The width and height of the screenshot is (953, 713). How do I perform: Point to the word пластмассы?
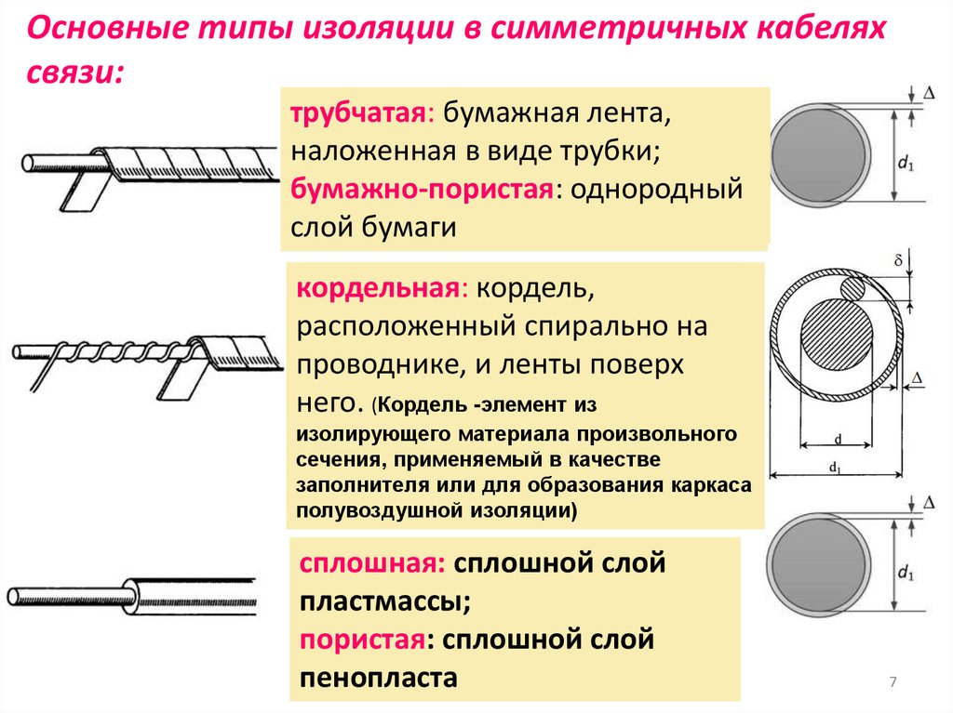pyautogui.click(x=384, y=601)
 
